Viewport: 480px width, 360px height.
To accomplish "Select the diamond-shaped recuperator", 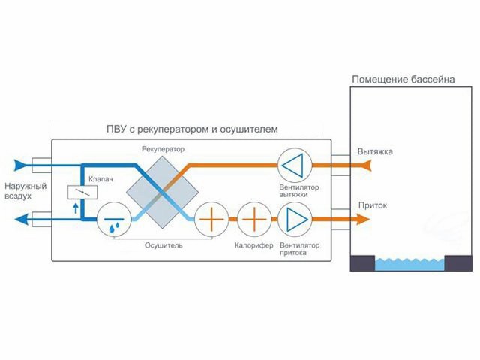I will point(161,193).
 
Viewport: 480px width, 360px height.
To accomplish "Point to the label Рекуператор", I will point(163,149).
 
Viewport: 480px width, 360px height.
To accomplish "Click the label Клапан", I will point(100,180).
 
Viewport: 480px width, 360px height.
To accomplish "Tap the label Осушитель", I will point(165,245).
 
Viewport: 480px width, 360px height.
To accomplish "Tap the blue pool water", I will point(411,263).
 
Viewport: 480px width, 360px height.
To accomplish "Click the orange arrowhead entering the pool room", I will point(362,219).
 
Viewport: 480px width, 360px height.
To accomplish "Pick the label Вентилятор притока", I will point(298,250).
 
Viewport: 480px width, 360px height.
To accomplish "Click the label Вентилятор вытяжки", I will point(298,190).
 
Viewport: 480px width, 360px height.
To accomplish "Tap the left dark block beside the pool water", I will point(363,262).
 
